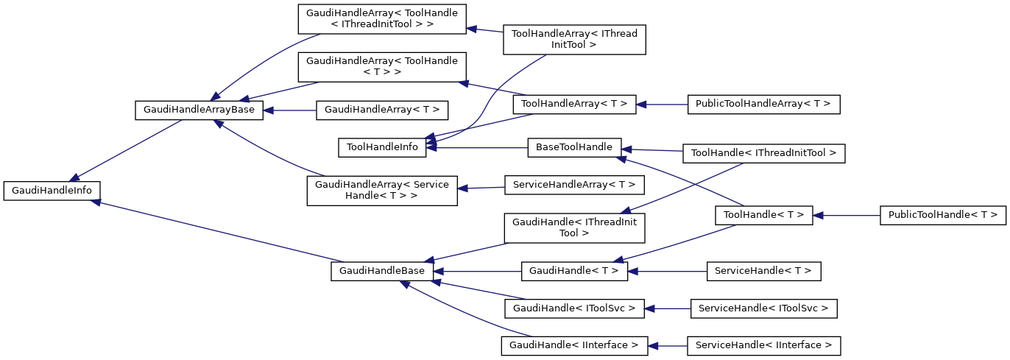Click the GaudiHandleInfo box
(x=52, y=190)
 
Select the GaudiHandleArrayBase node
(x=199, y=110)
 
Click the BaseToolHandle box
(x=574, y=147)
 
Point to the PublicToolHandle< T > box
(x=942, y=215)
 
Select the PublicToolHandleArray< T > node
(x=763, y=104)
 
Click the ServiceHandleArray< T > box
(x=574, y=184)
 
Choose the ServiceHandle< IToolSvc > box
(x=764, y=308)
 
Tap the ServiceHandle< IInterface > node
(x=763, y=345)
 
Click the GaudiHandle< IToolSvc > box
(x=574, y=308)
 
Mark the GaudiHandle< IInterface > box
(x=574, y=345)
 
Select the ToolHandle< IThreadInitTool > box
(x=763, y=153)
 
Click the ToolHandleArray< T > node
(x=574, y=104)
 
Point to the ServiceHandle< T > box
(x=763, y=271)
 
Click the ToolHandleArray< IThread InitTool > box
(x=574, y=39)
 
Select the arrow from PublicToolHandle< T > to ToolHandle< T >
(x=847, y=215)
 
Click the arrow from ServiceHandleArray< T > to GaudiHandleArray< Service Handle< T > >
(x=481, y=188)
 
